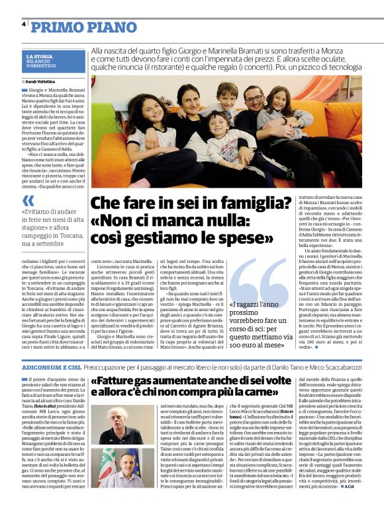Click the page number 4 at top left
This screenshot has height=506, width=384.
click(x=24, y=24)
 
